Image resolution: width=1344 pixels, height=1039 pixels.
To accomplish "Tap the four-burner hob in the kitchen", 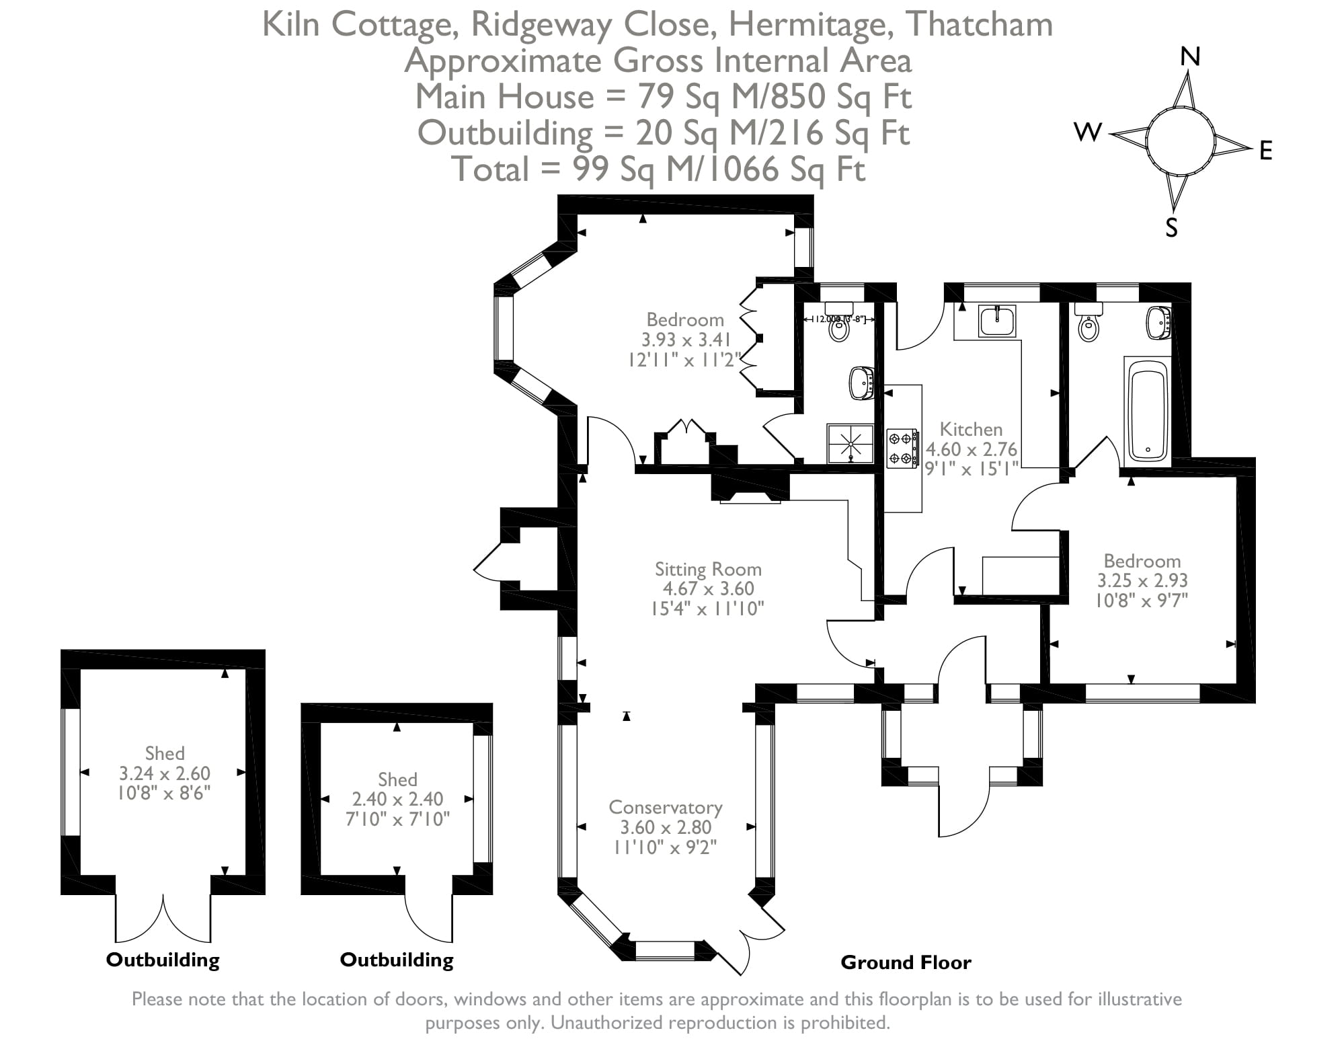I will [901, 448].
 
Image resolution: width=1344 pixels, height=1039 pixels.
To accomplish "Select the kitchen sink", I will [997, 321].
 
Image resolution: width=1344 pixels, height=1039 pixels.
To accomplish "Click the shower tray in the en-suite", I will [851, 444].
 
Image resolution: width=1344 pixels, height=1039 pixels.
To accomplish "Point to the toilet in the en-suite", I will [838, 327].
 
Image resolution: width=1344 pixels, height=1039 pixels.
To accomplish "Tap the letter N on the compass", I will [1190, 57].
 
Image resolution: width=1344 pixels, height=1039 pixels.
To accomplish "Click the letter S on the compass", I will [1172, 229].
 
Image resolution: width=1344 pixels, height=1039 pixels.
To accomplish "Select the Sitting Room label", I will [708, 569].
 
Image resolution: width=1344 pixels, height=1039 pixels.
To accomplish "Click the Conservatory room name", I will [666, 807].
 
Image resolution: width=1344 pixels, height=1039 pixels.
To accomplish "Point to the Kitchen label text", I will [970, 429].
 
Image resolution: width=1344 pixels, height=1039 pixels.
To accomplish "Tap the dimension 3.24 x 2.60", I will [165, 773].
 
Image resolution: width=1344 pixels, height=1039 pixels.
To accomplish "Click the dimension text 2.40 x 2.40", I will [397, 799].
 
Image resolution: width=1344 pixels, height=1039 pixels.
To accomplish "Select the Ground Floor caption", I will [906, 962].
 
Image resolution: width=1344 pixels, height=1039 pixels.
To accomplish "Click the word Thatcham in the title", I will [979, 25].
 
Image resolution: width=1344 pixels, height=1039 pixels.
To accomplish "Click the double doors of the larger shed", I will [163, 919].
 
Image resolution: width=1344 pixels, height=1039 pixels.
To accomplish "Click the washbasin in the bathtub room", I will [1158, 323].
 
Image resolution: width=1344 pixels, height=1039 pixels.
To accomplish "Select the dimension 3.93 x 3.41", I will [686, 340].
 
